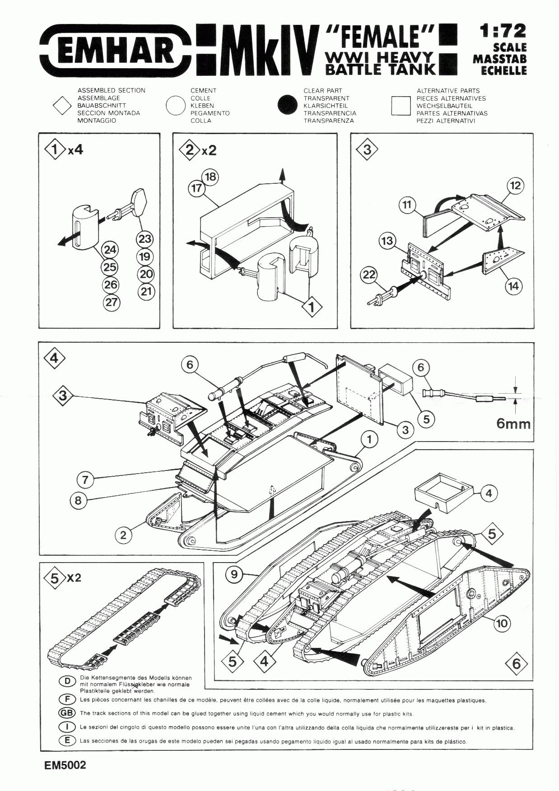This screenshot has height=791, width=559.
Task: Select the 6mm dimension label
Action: [x=513, y=423]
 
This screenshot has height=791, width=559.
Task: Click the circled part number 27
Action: [x=112, y=302]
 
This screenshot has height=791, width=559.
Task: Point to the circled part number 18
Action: [x=210, y=177]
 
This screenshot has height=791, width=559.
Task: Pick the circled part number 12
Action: [x=515, y=186]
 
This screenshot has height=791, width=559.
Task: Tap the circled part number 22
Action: [x=369, y=275]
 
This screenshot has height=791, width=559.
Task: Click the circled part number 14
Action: [x=513, y=286]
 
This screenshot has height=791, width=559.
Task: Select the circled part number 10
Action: [x=502, y=623]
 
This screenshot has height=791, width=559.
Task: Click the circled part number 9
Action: [x=234, y=574]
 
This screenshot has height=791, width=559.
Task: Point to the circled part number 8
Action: [x=78, y=500]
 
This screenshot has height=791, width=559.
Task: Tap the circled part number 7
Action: [x=85, y=479]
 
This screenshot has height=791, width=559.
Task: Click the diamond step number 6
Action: [x=517, y=663]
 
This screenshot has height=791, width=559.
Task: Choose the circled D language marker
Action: [x=67, y=681]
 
